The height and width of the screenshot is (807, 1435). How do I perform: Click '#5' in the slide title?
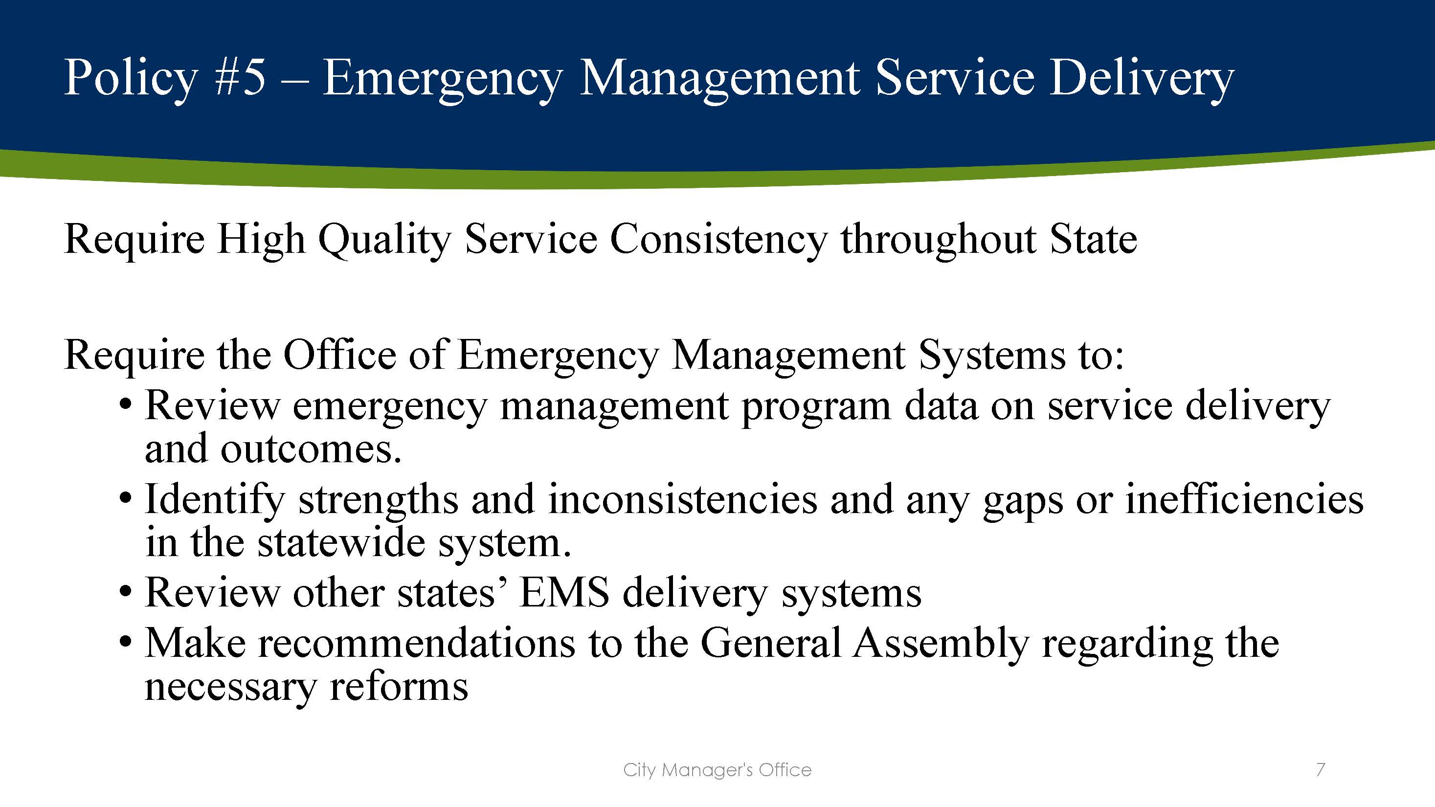click(x=240, y=77)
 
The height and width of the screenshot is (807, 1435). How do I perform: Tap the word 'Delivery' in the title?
click(x=1142, y=77)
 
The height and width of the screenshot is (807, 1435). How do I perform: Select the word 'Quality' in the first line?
click(x=384, y=240)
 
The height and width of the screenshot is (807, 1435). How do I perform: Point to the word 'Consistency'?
click(x=718, y=240)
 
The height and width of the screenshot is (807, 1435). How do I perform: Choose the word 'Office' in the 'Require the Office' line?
click(x=339, y=355)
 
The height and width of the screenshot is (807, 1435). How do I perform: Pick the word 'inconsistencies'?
click(x=682, y=499)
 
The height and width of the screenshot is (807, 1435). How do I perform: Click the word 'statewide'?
click(x=341, y=542)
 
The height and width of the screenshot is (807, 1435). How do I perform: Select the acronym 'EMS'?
click(x=564, y=593)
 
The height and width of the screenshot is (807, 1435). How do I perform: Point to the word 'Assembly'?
click(x=941, y=644)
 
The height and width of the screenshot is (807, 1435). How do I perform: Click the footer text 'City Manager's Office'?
click(x=717, y=770)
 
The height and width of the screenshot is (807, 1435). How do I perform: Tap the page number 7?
click(x=1320, y=770)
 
